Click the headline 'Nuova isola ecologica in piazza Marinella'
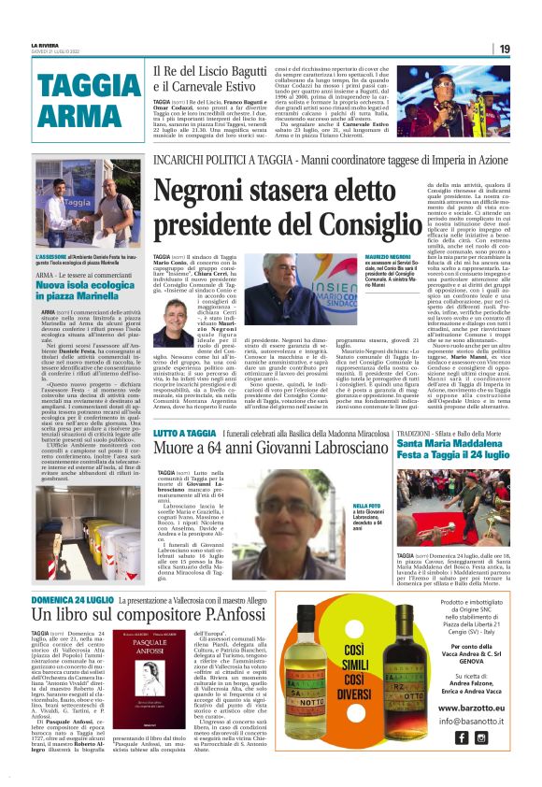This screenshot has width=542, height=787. point(86,290)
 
